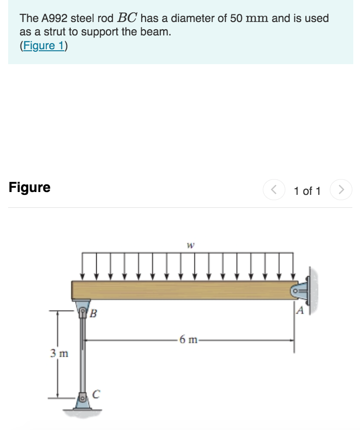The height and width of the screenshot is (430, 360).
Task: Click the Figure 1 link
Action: [x=44, y=46]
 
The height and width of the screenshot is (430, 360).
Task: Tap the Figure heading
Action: [x=30, y=187]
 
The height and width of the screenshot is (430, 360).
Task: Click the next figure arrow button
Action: [x=341, y=190]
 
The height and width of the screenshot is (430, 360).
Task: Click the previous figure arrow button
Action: [x=273, y=190]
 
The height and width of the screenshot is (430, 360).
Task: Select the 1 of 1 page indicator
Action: [x=307, y=191]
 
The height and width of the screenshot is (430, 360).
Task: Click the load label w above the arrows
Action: [x=190, y=245]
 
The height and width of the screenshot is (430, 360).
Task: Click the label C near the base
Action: [x=96, y=394]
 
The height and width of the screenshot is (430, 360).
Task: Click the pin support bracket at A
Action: [x=302, y=290]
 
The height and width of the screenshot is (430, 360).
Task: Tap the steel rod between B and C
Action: [x=83, y=354]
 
